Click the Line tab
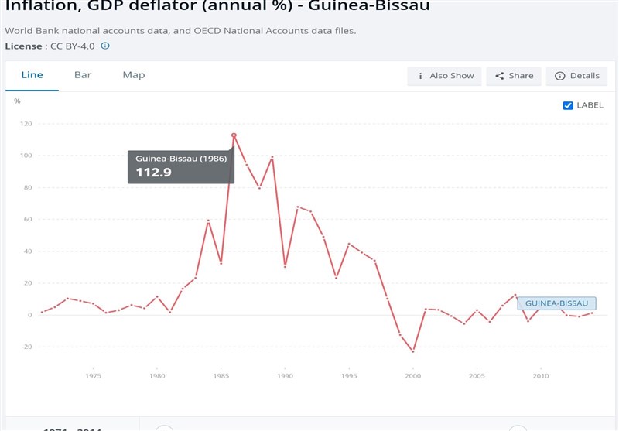click(x=32, y=75)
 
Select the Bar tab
click(x=83, y=75)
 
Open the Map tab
click(x=134, y=75)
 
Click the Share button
click(x=515, y=76)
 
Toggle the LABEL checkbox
click(x=568, y=105)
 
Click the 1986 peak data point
click(x=234, y=135)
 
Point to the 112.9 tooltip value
click(x=153, y=172)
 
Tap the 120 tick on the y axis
click(x=26, y=124)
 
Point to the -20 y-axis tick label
click(x=26, y=347)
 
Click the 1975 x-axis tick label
click(x=93, y=376)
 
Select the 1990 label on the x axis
click(x=285, y=376)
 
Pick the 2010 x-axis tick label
click(x=540, y=376)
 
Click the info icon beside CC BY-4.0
click(x=105, y=46)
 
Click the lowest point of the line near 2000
click(x=413, y=351)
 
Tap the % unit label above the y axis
click(x=17, y=101)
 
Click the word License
click(x=23, y=46)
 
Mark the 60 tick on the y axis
click(x=28, y=220)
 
